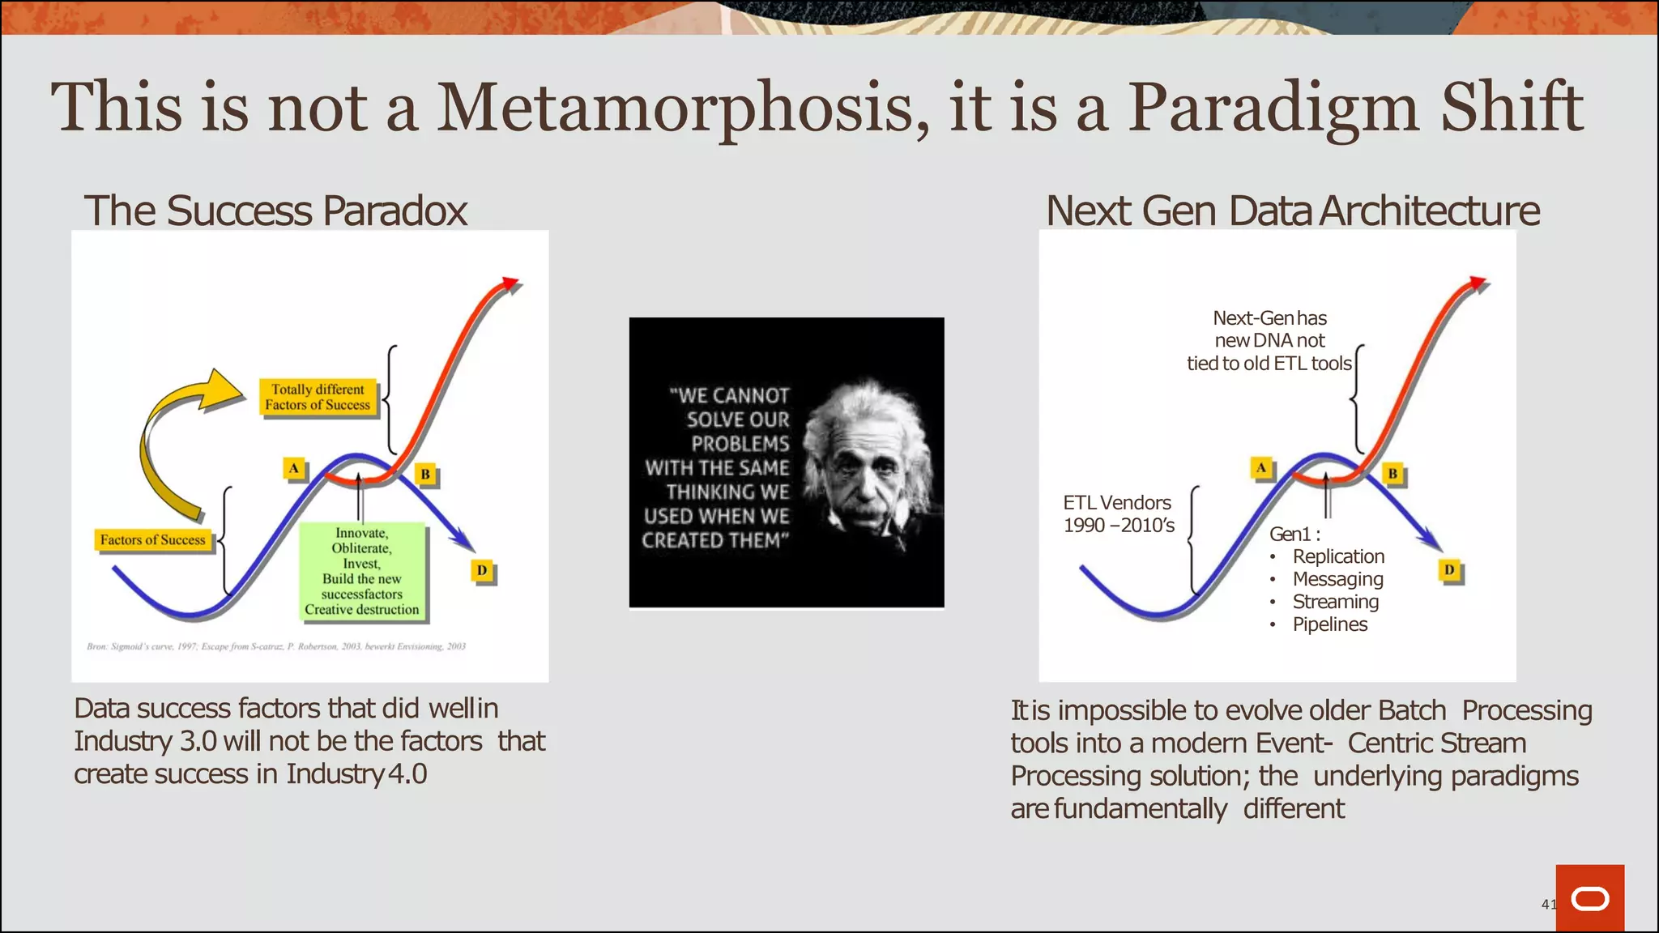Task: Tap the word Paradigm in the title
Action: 1273,108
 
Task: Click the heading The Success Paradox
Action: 275,211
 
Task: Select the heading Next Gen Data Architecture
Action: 1292,211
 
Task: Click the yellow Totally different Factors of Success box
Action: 318,397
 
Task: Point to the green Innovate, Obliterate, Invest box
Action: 361,571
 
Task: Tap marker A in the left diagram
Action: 294,468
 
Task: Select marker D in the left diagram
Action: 482,571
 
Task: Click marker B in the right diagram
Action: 1392,474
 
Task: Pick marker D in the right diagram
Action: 1449,570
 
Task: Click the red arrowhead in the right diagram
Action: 1478,283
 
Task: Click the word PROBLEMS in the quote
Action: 740,444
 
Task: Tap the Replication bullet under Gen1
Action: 1337,556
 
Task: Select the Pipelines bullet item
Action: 1329,624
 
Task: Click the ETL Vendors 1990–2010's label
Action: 1118,514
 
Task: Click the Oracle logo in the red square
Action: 1589,899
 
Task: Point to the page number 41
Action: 1548,904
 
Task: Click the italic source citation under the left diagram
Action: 276,646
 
